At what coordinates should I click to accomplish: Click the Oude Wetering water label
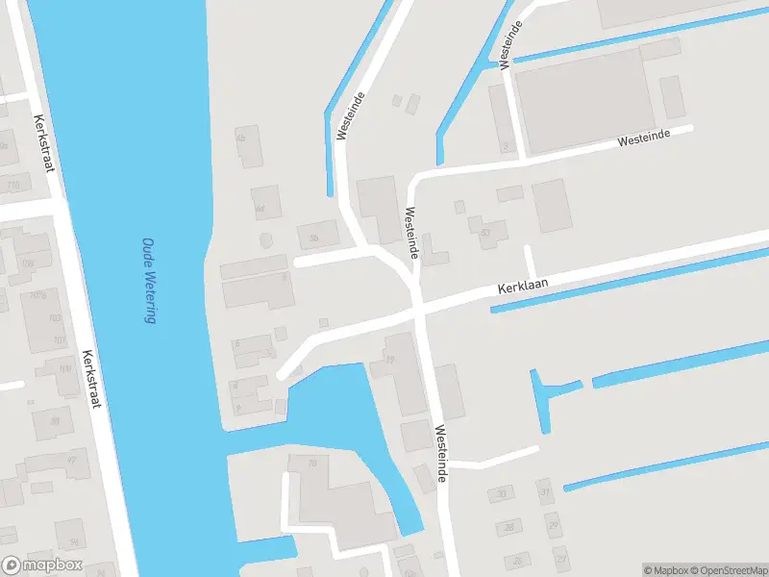(x=149, y=281)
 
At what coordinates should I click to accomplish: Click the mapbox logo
(x=42, y=565)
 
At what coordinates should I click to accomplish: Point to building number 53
(x=484, y=231)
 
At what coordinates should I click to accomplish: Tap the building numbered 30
(x=501, y=494)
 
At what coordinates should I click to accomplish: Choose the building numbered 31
(x=545, y=492)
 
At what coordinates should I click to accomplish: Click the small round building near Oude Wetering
(x=266, y=238)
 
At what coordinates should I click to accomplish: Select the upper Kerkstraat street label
(x=44, y=144)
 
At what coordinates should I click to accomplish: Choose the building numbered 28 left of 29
(x=508, y=527)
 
